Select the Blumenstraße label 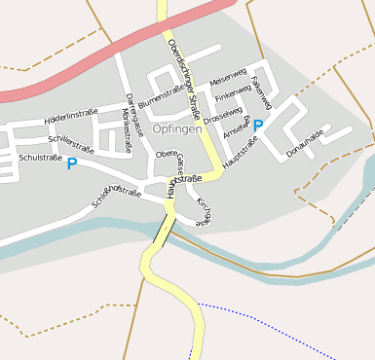(162, 95)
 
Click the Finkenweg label (233, 93)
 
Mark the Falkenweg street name (262, 90)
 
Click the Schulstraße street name (41, 157)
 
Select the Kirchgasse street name (204, 212)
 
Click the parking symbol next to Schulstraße (71, 164)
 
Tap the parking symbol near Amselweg (258, 126)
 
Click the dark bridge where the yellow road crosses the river (165, 229)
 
